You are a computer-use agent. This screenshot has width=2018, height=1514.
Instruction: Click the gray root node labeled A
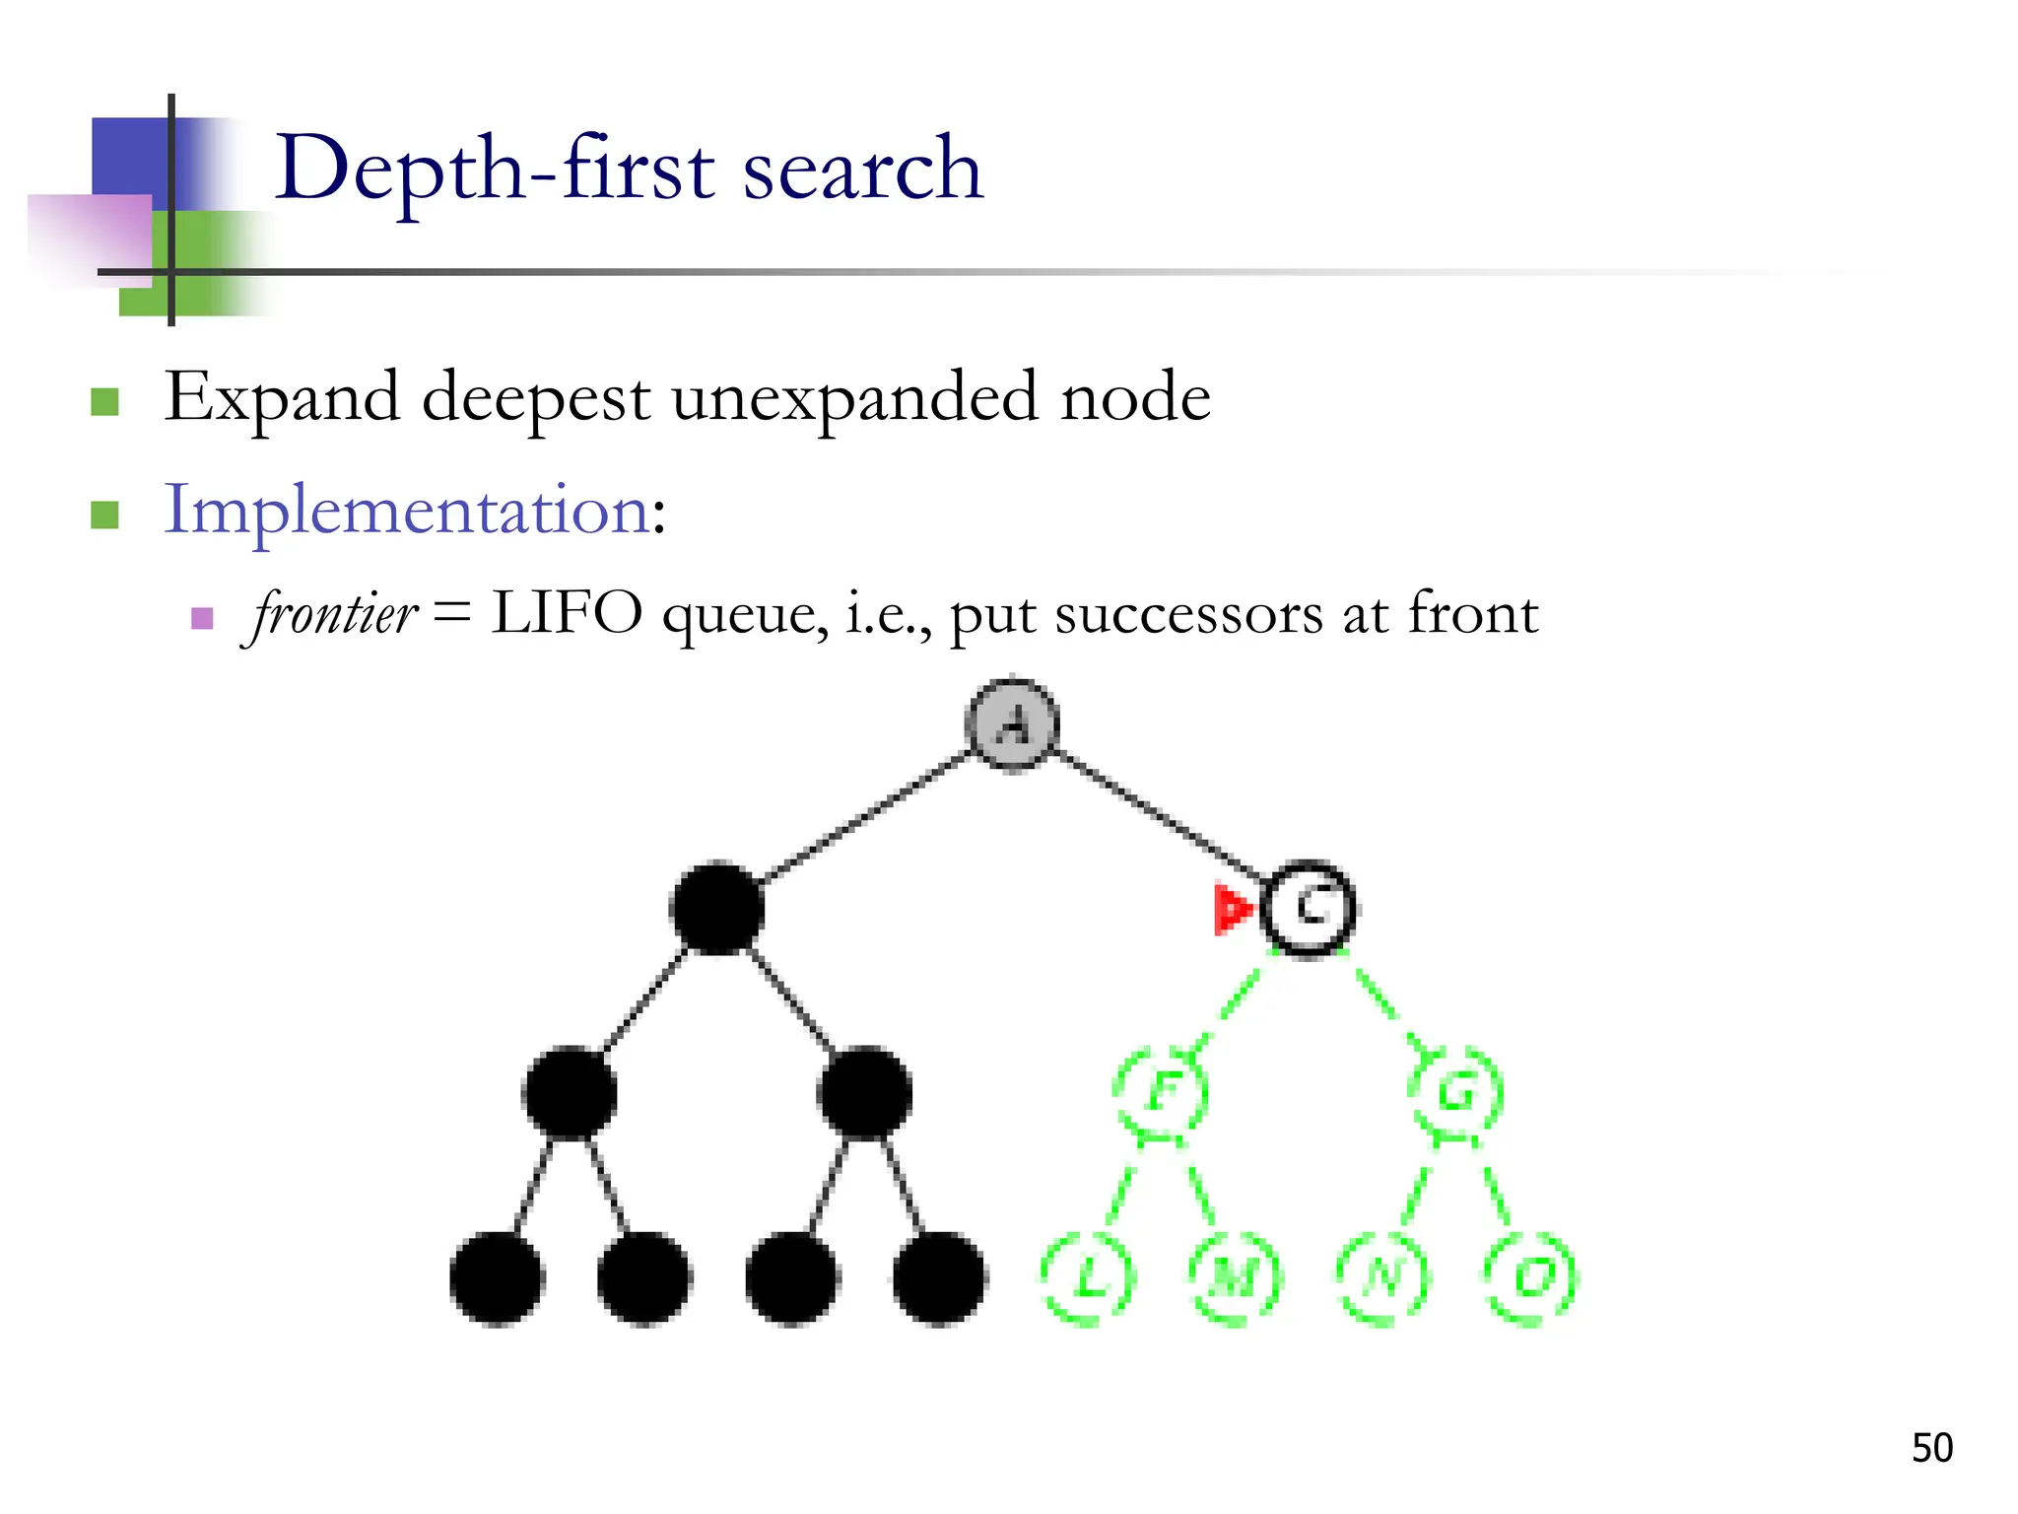click(x=1012, y=724)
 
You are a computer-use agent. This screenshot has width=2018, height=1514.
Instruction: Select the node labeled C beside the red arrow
click(x=1309, y=908)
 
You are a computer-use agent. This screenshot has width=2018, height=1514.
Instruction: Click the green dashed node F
click(x=1162, y=1092)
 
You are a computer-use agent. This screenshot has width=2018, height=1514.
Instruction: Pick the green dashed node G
click(x=1456, y=1092)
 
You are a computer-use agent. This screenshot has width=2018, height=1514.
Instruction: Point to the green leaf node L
click(x=1088, y=1277)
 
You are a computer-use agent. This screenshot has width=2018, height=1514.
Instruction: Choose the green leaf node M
click(x=1235, y=1277)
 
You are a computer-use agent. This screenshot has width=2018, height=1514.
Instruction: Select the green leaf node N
click(x=1382, y=1277)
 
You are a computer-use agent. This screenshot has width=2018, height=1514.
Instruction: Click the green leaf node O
click(x=1530, y=1277)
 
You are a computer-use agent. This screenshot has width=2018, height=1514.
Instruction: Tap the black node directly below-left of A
click(x=717, y=908)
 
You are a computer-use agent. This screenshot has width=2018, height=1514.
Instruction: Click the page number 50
click(x=1931, y=1448)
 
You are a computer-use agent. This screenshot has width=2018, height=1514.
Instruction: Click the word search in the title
click(x=863, y=170)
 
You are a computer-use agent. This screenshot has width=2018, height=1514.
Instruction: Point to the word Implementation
click(x=406, y=511)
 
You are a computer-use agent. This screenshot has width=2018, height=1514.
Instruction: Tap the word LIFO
click(x=567, y=613)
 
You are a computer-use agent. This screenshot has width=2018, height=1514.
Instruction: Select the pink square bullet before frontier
click(x=202, y=618)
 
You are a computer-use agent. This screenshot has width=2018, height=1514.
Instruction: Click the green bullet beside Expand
click(x=104, y=401)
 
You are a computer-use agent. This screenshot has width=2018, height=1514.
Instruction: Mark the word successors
click(x=1188, y=615)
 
